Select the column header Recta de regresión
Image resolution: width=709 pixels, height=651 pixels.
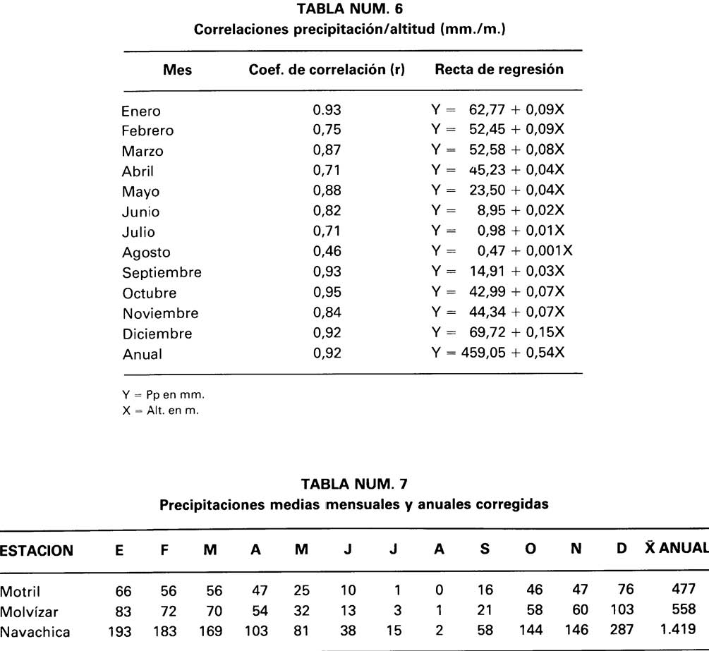[x=499, y=70]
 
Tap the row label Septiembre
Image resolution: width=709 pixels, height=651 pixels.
[x=162, y=273]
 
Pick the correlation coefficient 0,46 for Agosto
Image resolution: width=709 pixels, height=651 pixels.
[x=327, y=252]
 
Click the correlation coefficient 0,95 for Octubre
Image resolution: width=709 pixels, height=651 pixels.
[x=327, y=293]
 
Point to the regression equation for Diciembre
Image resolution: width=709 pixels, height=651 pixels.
[x=497, y=333]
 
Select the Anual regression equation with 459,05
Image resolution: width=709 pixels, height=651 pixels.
[x=497, y=353]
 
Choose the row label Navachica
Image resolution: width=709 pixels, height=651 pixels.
[x=35, y=631]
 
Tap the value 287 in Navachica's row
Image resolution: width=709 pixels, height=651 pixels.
[x=622, y=631]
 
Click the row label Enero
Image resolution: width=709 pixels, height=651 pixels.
[x=141, y=111]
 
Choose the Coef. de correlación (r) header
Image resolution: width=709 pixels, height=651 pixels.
[x=327, y=70]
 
